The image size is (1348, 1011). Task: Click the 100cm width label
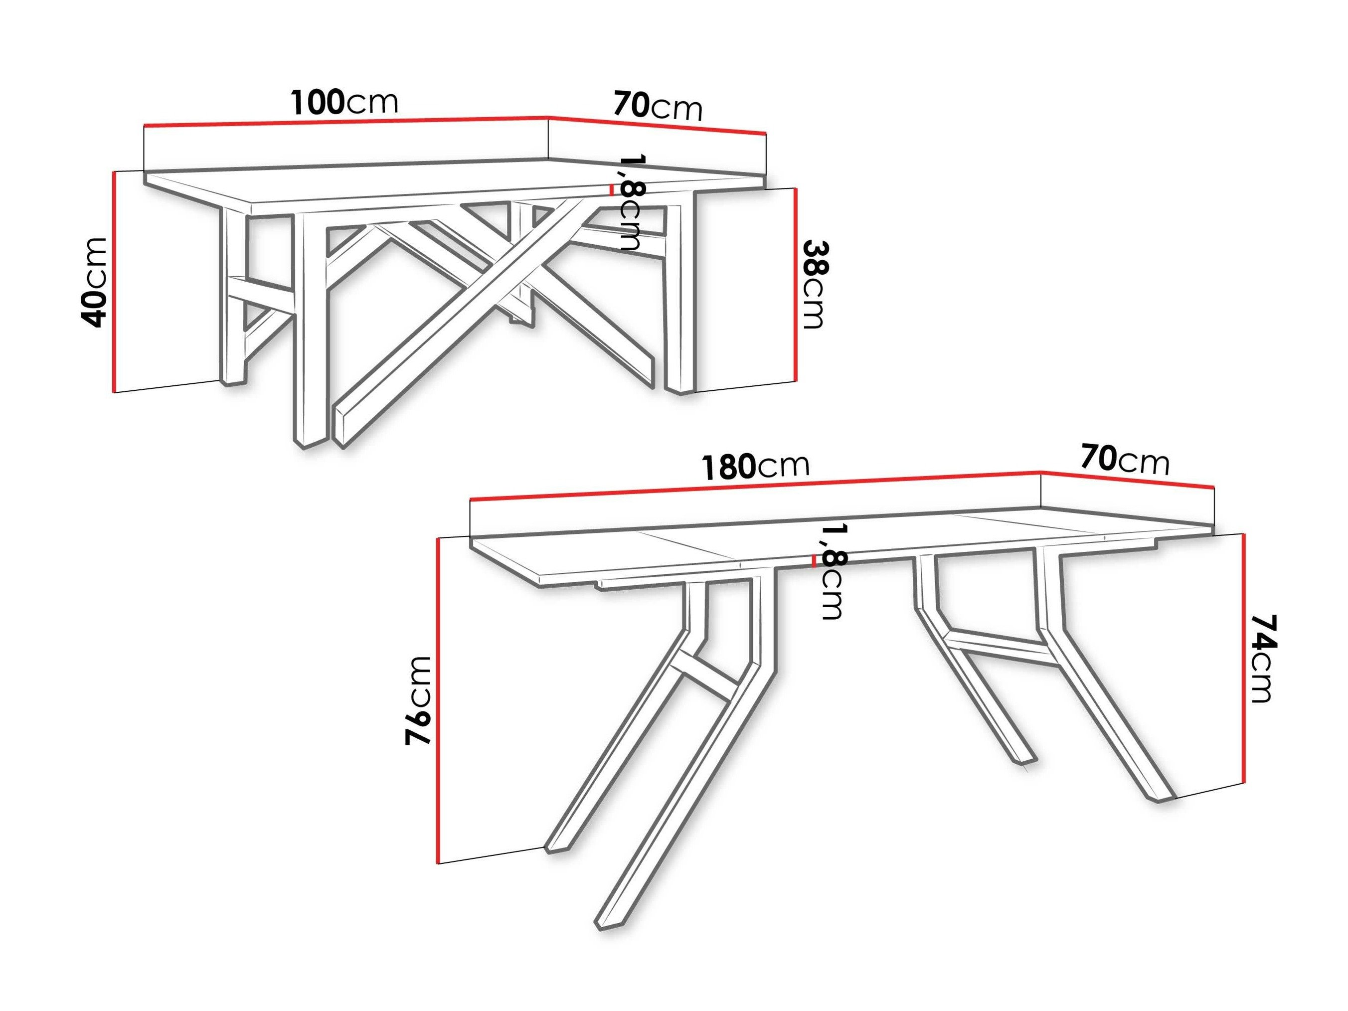point(344,102)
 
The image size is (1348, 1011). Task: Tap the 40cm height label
point(95,283)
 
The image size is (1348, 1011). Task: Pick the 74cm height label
point(1260,659)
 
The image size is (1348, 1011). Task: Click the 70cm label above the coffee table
point(658,106)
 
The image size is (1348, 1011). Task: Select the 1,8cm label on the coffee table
point(631,203)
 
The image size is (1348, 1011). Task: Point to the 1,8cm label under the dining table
point(832,573)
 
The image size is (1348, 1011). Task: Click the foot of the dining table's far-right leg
point(1158,798)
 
